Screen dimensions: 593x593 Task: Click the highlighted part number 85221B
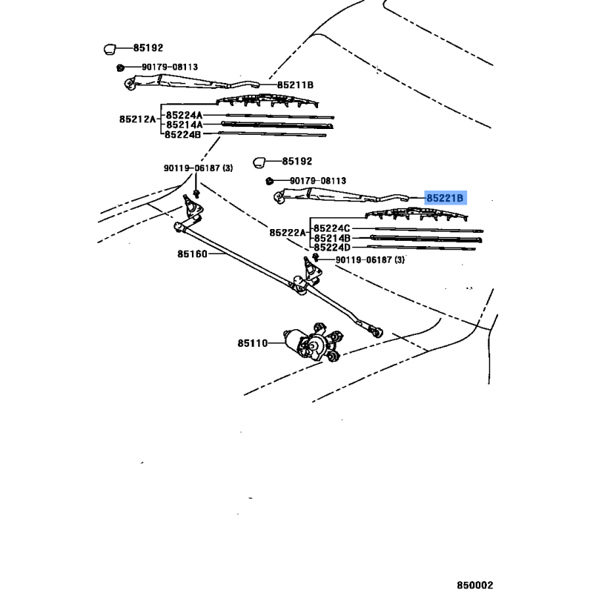(x=445, y=198)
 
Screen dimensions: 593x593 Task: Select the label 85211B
(x=295, y=85)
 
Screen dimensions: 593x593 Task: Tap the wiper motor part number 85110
(x=253, y=343)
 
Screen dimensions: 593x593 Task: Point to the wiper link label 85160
(x=193, y=254)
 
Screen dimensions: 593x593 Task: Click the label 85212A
(x=138, y=119)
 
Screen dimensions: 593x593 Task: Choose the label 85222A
(x=288, y=233)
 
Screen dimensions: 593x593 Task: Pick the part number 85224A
(x=184, y=115)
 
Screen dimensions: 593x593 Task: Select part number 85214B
(x=332, y=238)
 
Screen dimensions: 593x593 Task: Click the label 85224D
(x=332, y=248)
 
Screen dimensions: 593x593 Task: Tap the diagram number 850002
(x=475, y=585)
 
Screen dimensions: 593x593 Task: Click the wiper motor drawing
(x=313, y=342)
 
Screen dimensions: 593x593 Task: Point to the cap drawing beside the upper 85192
(x=109, y=49)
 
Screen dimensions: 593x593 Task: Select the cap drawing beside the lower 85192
(x=259, y=162)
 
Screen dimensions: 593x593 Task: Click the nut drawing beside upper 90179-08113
(x=120, y=67)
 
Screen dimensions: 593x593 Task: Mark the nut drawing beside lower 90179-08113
(x=269, y=181)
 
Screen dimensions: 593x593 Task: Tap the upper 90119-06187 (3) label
(x=198, y=168)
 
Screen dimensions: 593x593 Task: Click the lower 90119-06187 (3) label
(x=370, y=260)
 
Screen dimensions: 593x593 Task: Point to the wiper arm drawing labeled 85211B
(x=192, y=82)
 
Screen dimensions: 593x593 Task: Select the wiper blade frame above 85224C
(x=417, y=213)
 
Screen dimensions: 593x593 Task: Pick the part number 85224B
(x=182, y=135)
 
